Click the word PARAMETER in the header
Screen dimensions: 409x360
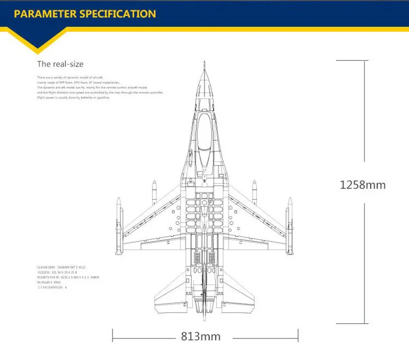click(x=46, y=13)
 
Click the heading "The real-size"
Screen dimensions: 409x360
click(x=60, y=64)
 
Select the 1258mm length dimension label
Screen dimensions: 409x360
click(x=362, y=184)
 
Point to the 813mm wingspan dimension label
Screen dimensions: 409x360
click(x=200, y=337)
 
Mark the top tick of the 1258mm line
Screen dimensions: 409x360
click(x=363, y=60)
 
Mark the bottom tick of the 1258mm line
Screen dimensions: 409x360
click(x=363, y=323)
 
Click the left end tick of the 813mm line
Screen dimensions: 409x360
click(x=112, y=337)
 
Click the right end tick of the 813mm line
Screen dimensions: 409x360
click(x=298, y=337)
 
